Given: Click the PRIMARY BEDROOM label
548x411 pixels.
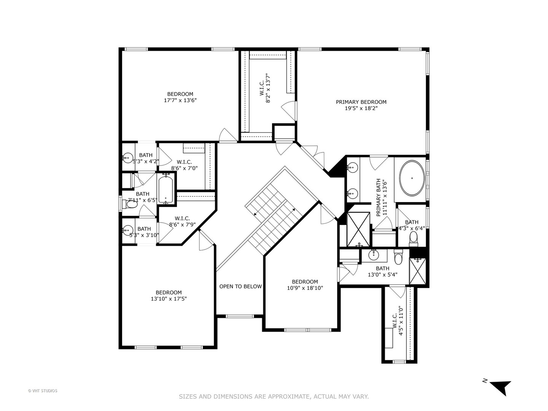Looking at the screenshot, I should pos(361,102).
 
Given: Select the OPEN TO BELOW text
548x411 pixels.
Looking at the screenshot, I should pos(241,287).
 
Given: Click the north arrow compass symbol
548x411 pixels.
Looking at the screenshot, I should pos(499,387).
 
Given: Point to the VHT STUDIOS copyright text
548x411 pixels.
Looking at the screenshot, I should pos(43,390).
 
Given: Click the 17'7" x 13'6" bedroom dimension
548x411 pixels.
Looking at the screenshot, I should pos(180,100).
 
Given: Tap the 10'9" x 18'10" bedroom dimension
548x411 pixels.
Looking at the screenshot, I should pos(305,288).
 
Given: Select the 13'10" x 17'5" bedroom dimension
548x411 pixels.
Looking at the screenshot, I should pos(169,299).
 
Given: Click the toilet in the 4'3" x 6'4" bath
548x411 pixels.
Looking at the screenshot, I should pos(413,238).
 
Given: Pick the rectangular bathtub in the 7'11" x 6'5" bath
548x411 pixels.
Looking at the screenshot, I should pos(166,189).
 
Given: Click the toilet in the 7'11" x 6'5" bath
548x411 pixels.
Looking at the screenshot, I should pos(131,205).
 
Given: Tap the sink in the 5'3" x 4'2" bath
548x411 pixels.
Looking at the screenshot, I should pos(127,157).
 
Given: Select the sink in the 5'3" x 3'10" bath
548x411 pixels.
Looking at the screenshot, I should pos(127,230).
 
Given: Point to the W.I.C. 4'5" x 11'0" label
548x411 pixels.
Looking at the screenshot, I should pos(397,321).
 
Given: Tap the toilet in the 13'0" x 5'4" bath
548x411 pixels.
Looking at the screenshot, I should pos(398,258).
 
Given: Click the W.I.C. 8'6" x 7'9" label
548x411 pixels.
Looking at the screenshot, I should pos(182,221).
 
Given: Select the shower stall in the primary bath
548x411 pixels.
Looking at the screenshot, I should pos(358,229).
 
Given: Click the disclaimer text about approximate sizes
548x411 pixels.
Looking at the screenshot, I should pos(274,397).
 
